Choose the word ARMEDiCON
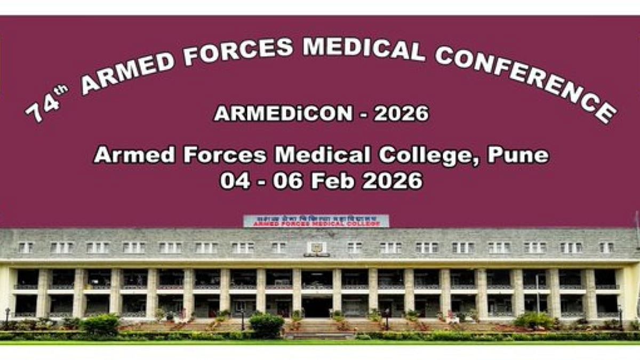283,113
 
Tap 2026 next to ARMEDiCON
401,113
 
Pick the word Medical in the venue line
322,155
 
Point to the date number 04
235,181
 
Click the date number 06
288,181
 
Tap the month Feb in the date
333,181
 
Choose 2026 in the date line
392,181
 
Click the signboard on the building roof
316,221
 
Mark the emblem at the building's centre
316,248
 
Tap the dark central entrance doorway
317,307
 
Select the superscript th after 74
61,90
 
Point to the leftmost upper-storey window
25,247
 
